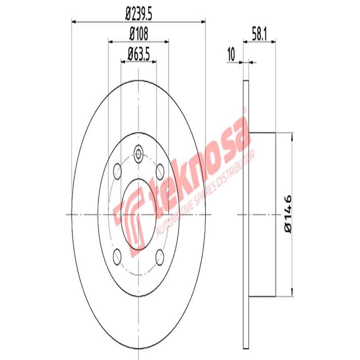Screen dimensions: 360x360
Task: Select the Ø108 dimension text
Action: [x=139, y=33]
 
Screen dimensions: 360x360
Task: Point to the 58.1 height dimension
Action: [x=260, y=33]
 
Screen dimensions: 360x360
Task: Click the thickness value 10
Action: [x=232, y=55]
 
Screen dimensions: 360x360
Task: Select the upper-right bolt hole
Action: [x=160, y=171]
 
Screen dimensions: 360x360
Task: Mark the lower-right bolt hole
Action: [x=160, y=256]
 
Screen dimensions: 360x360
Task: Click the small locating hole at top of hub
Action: [x=139, y=155]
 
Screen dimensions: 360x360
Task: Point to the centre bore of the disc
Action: [x=139, y=214]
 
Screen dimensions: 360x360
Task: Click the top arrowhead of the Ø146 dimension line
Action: [x=292, y=135]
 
